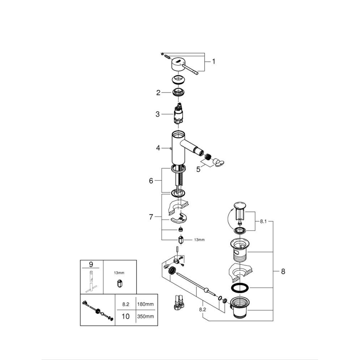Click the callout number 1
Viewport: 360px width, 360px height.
click(x=214, y=62)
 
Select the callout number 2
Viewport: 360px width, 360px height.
click(x=158, y=93)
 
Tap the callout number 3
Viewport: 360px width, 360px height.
click(x=158, y=114)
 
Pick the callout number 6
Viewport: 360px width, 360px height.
click(x=151, y=181)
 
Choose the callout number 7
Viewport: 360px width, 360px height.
click(x=151, y=216)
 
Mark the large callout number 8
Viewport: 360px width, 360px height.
click(x=283, y=272)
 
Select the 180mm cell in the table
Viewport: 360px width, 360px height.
click(x=145, y=304)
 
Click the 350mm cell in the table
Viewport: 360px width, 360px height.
click(x=145, y=316)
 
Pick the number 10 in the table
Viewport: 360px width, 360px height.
click(x=125, y=316)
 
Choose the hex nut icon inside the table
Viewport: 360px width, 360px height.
click(x=119, y=283)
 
